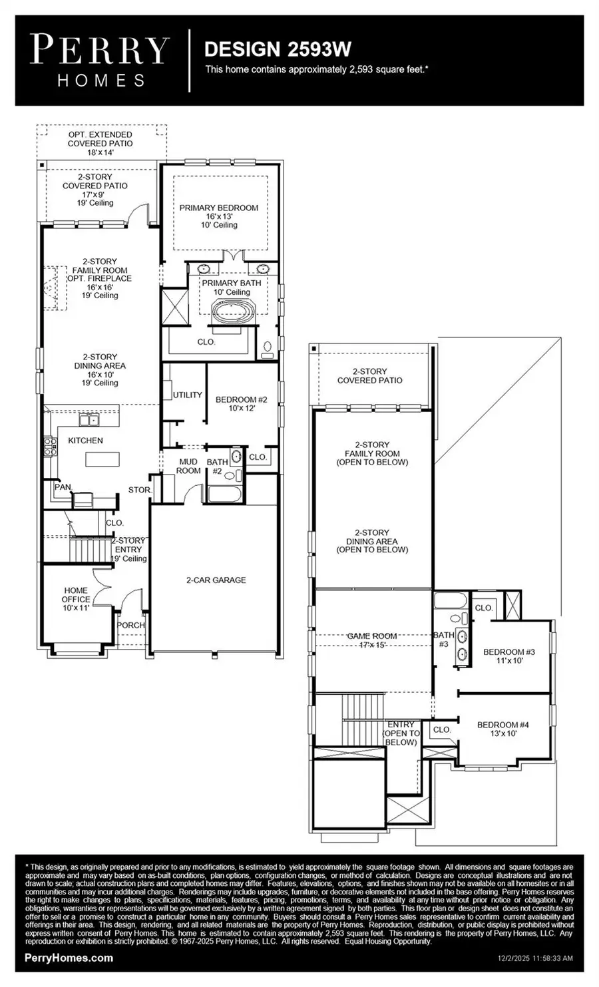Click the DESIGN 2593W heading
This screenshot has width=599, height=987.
[x=278, y=49]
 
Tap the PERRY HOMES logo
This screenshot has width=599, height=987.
[x=100, y=61]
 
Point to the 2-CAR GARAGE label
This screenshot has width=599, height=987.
[x=216, y=580]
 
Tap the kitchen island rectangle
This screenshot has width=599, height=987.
[x=102, y=459]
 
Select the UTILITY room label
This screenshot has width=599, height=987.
[x=187, y=395]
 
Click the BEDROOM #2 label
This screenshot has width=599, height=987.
[x=241, y=403]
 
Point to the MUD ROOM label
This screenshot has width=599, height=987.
[x=188, y=466]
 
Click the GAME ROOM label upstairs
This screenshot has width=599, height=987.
[x=372, y=640]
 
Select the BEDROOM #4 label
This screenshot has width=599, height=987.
[x=502, y=729]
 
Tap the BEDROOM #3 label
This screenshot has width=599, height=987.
[x=509, y=656]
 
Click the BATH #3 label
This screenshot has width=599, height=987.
[x=444, y=640]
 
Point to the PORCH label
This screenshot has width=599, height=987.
[x=130, y=625]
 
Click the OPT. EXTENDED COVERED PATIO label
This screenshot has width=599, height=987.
[x=100, y=142]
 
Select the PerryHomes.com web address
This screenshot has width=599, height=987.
[x=69, y=958]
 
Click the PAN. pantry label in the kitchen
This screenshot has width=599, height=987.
[x=63, y=487]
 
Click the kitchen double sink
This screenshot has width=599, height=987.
[x=88, y=419]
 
